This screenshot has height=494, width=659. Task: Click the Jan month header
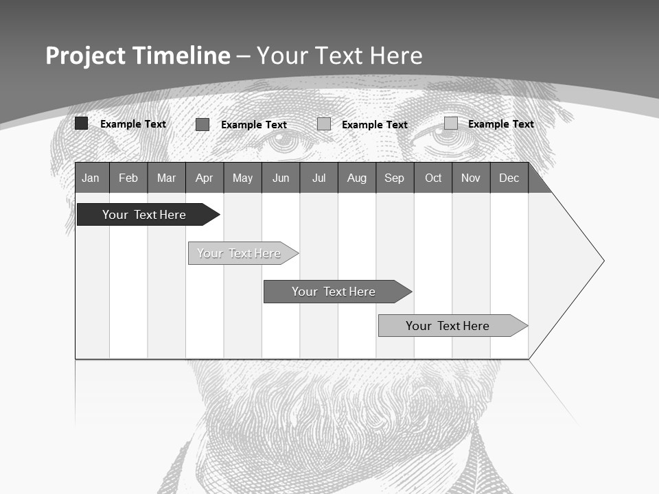[91, 178]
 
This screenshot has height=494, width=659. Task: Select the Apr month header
[204, 178]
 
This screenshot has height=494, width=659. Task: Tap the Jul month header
[319, 178]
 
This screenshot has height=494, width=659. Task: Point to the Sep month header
[394, 178]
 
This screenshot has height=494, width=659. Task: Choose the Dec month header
[509, 178]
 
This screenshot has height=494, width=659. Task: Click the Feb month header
[128, 178]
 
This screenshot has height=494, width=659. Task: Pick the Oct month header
[433, 178]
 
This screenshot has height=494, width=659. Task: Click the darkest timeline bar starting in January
[144, 215]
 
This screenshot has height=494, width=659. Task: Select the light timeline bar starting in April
[239, 253]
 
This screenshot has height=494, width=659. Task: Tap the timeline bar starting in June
[334, 292]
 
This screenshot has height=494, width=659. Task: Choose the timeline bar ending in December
[448, 326]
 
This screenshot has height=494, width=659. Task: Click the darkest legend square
[81, 123]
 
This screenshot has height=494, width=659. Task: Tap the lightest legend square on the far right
[451, 123]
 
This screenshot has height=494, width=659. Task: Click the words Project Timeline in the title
[138, 56]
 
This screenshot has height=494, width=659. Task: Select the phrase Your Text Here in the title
[339, 56]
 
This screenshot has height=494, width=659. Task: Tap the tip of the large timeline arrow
[603, 261]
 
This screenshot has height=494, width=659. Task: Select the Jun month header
[281, 178]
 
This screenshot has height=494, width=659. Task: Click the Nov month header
[471, 178]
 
